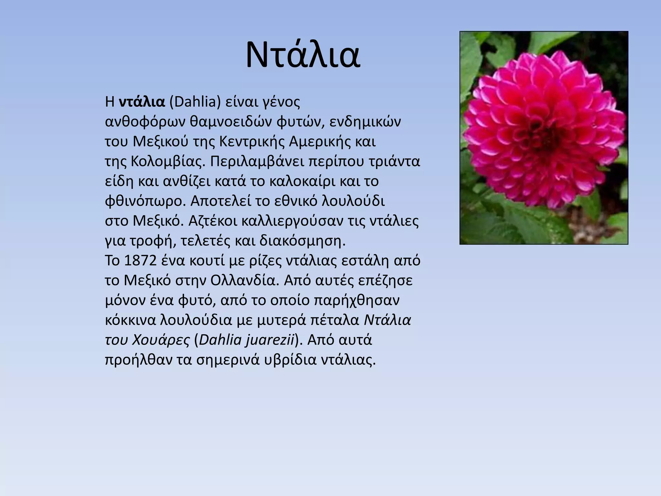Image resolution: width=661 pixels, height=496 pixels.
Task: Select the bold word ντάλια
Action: point(142,102)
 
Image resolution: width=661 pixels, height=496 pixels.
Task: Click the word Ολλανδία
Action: point(244,281)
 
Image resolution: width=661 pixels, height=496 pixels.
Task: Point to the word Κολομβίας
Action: point(168,161)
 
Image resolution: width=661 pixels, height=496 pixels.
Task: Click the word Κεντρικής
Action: point(252,142)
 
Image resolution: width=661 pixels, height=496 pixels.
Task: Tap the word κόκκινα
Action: point(130,320)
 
